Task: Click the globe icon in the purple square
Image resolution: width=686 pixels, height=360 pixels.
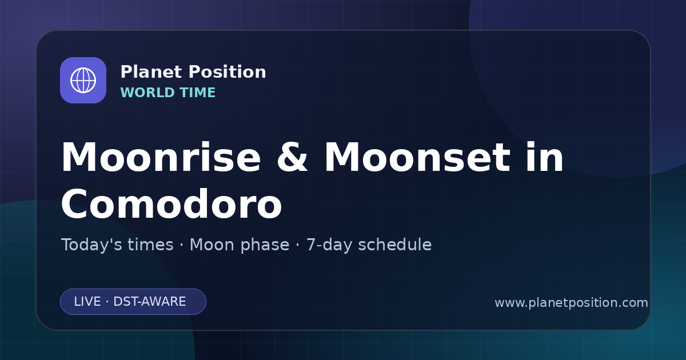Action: tap(83, 80)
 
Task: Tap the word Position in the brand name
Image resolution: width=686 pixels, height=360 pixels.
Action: tap(228, 72)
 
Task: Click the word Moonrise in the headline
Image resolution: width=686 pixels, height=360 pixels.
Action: tap(161, 157)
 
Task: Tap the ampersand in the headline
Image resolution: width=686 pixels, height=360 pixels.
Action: tap(292, 157)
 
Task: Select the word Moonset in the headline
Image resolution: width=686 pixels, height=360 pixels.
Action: tap(417, 157)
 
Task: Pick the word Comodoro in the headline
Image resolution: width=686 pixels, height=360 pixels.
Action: tap(171, 203)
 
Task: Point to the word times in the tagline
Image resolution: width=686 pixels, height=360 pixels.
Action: tap(150, 245)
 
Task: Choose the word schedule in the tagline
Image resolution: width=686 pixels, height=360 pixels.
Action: tap(395, 245)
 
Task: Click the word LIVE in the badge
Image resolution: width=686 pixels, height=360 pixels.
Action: tap(87, 302)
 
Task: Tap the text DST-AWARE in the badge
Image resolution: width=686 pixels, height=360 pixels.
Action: tap(150, 302)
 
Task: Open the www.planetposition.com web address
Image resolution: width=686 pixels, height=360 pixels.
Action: tap(572, 303)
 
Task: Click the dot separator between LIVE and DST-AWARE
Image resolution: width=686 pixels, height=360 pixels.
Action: tap(107, 302)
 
